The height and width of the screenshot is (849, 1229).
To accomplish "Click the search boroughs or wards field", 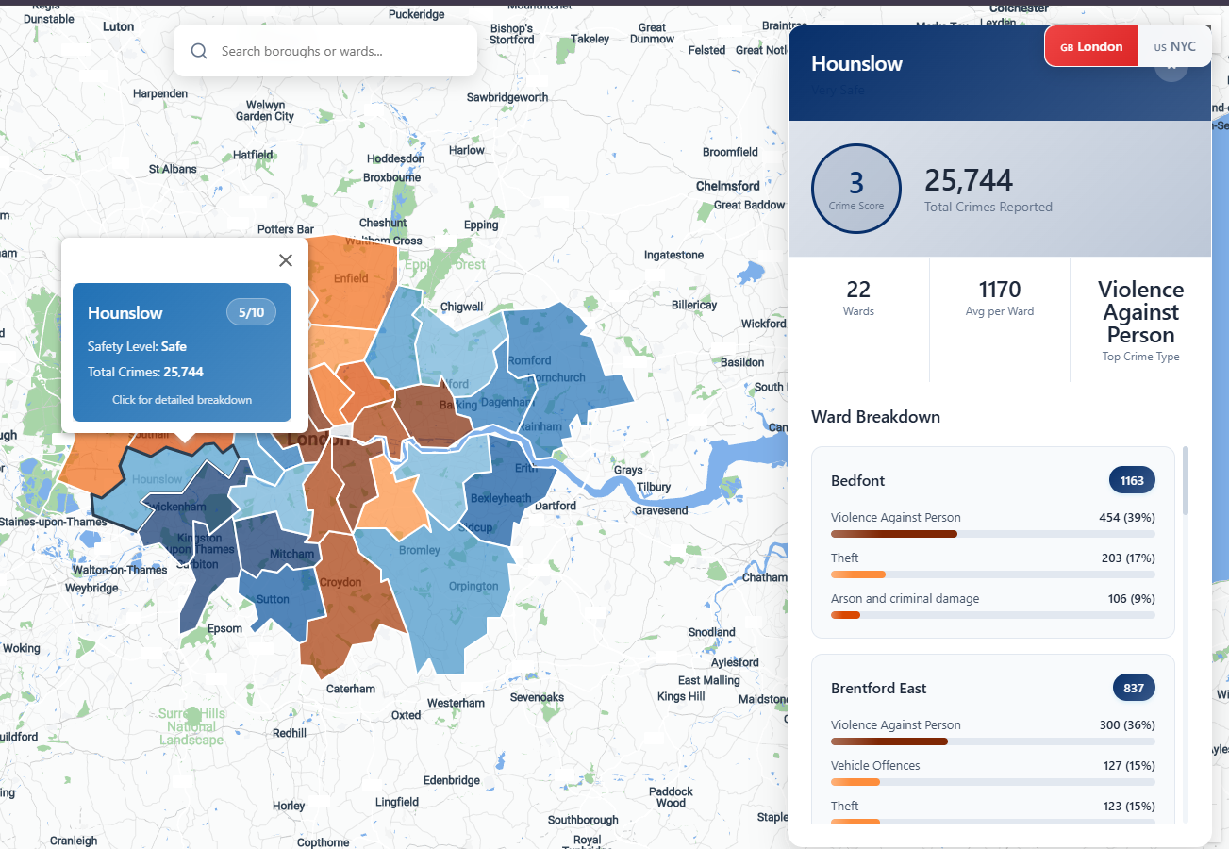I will pos(325,51).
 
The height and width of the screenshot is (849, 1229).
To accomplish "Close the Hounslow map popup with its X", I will pos(286,260).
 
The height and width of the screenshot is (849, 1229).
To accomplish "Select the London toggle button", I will pos(1092,46).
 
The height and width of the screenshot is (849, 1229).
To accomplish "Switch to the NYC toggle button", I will pos(1174,46).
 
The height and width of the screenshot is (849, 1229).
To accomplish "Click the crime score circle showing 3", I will pos(856,189).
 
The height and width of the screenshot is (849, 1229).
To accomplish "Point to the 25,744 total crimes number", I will pos(969,180).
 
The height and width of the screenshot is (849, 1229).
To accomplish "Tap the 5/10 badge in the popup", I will pos(251,312).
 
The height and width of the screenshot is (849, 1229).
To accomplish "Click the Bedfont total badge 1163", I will pos(1132,480).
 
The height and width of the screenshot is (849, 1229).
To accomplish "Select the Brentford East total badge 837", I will pos(1134,688).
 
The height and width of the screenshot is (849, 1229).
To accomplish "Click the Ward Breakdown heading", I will pos(875,417).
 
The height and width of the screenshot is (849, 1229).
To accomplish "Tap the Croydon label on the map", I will pos(340,582).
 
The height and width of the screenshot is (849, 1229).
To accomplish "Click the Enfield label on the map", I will pos(351,278).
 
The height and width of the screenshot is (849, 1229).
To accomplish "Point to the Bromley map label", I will pos(420,550).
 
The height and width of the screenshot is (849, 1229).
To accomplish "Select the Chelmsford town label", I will pos(727,186).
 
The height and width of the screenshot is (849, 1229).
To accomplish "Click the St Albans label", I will pos(173,170).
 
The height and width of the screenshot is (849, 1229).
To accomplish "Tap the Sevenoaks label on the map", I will pos(537,698).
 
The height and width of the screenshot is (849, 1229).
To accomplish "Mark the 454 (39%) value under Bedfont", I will pos(1126,517).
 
